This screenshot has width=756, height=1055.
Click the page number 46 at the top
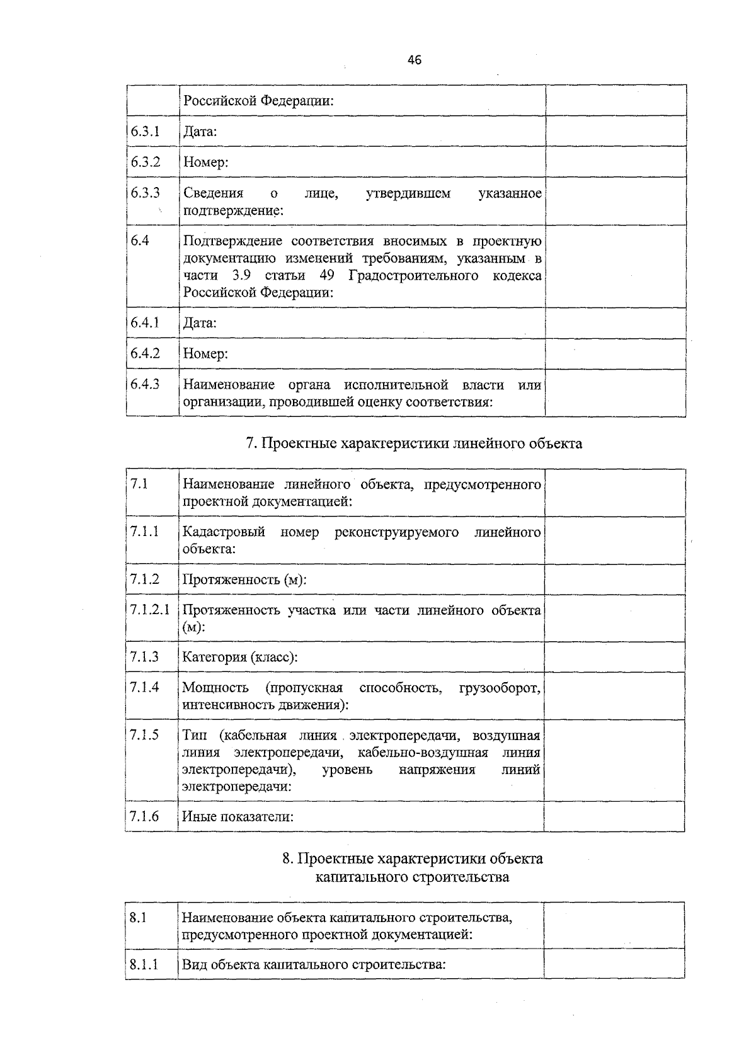pos(415,60)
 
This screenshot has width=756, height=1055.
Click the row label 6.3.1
pos(145,131)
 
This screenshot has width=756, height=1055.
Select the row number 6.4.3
pos(145,384)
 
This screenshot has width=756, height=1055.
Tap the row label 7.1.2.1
pos(150,610)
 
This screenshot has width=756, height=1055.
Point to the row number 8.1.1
pos(144,964)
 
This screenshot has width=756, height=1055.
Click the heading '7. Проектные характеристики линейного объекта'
pos(414,443)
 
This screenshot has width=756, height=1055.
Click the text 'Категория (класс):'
pos(240,657)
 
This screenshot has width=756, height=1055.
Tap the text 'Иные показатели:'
pos(238,817)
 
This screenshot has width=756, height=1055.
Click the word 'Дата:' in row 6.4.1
pos(200,323)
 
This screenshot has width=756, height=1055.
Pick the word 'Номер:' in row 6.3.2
pos(205,163)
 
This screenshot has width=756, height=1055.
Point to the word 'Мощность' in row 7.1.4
pos(215,687)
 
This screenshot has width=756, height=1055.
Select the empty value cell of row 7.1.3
pos(614,657)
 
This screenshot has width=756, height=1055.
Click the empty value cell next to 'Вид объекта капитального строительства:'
pos(614,964)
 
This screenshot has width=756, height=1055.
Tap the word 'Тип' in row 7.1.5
pos(194,735)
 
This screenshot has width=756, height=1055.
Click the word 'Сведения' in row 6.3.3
pos(213,193)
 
